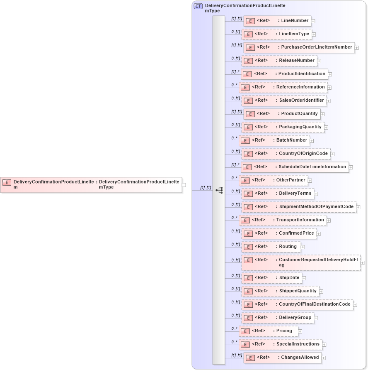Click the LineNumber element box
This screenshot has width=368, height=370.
point(277,21)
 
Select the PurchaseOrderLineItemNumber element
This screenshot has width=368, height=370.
point(299,47)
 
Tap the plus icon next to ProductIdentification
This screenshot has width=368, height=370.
point(330,75)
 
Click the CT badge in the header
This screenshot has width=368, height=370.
point(198,6)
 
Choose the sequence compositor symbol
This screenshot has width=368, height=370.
point(219,190)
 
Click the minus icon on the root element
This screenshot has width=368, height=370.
point(184,185)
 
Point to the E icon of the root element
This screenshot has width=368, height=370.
point(7,182)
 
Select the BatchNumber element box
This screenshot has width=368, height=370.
point(274,140)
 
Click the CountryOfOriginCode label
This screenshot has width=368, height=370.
point(303,154)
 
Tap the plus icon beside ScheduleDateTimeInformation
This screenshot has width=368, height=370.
point(351,167)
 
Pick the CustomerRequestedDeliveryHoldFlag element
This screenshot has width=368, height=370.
point(301,262)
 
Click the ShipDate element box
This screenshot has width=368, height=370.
point(271,278)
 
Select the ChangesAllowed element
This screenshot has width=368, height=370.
point(282,358)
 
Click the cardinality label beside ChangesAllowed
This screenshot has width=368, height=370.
point(237,355)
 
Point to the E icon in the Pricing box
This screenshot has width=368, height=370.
point(245,331)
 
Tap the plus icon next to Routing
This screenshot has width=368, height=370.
point(303,247)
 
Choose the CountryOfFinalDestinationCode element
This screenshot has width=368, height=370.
point(297,304)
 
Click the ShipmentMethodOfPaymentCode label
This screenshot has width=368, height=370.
point(316,207)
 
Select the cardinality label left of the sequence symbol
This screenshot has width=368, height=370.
point(206,188)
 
